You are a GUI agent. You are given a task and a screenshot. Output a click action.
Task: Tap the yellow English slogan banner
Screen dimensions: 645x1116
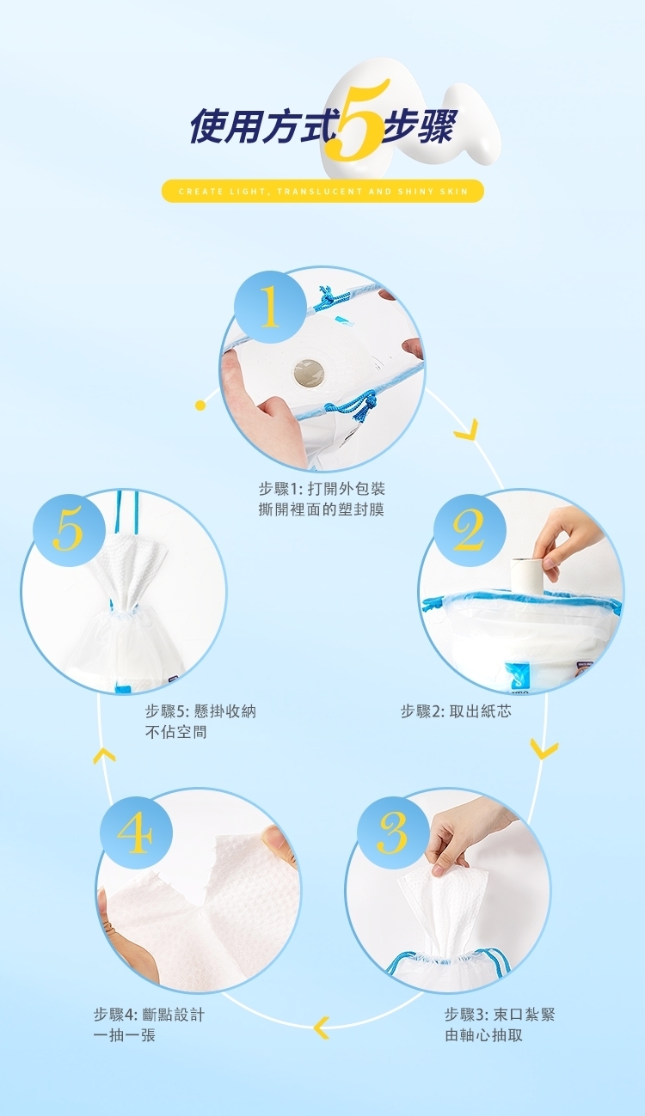click(322, 192)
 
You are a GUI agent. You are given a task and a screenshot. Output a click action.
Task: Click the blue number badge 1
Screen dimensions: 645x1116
click(270, 307)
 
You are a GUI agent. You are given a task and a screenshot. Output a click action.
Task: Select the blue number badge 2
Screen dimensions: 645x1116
click(470, 530)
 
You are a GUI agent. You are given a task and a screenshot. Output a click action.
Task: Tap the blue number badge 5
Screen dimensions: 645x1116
click(69, 530)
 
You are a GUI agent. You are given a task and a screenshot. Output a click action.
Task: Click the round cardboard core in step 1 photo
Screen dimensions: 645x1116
click(310, 374)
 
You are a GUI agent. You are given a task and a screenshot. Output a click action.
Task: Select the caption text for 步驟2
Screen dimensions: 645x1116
click(456, 711)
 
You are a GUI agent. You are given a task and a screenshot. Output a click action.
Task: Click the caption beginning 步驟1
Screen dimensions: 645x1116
click(322, 499)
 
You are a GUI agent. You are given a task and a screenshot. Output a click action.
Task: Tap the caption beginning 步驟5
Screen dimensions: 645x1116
click(200, 722)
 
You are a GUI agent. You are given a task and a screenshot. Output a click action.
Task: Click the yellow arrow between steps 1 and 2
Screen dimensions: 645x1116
click(467, 430)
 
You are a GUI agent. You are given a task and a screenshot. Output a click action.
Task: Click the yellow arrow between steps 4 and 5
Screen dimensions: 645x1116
click(104, 755)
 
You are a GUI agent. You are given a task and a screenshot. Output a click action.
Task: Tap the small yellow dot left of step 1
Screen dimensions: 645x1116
click(200, 406)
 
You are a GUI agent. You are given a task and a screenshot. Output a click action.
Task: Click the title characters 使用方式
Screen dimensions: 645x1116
click(261, 126)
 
